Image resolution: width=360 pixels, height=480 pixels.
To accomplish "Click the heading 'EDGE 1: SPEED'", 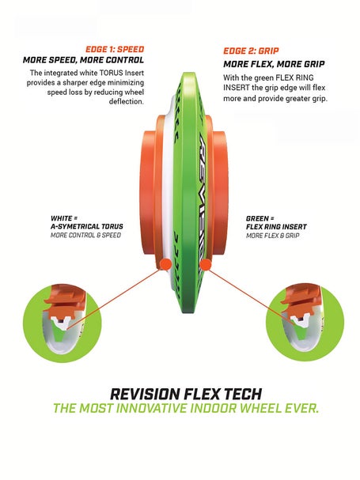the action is pos(115,49).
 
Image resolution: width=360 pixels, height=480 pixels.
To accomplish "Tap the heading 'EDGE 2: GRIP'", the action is pos(251,51).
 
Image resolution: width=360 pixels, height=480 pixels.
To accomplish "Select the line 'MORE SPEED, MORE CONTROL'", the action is pos(83,60).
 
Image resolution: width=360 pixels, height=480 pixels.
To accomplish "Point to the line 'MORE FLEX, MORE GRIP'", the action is pos(274,64).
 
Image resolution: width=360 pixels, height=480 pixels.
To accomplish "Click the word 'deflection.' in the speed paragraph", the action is pos(127,101).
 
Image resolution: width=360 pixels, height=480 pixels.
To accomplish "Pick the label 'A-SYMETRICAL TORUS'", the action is pos(87,226).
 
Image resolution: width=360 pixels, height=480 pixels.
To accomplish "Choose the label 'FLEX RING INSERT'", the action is pos(276,227).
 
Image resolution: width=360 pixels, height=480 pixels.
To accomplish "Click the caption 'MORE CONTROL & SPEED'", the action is pos(85,235).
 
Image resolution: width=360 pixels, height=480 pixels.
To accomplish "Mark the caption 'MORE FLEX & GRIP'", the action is pos(273,236).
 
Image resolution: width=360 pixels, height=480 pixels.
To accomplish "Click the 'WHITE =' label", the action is pos(64,218).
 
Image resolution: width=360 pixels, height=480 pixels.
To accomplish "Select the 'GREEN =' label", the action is pos(260,218).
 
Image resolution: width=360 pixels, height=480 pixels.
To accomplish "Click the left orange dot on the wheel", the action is pos(165,263).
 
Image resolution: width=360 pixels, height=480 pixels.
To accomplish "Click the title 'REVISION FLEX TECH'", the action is pos(186,394).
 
